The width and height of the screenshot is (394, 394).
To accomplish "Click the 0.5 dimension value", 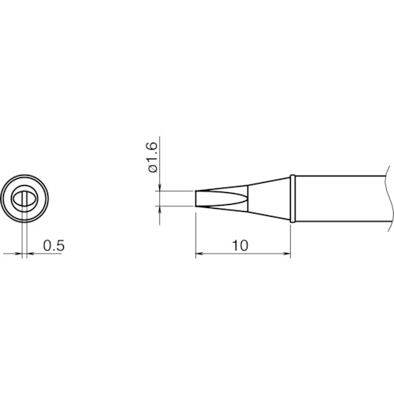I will point(54,246).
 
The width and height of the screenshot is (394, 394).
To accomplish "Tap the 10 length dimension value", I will point(241,245).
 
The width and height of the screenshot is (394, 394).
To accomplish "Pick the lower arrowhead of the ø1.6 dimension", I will point(160,210).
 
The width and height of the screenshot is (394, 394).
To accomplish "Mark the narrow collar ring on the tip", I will point(293,198).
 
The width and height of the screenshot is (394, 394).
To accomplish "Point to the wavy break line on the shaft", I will point(388,198).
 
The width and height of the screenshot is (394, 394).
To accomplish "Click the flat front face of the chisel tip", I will point(195,198).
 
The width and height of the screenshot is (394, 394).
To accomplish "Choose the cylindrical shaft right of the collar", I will point(339,198).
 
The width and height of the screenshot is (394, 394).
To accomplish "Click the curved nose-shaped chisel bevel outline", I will point(225,198).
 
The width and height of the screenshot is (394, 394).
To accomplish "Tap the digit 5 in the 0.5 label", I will point(60,246).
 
